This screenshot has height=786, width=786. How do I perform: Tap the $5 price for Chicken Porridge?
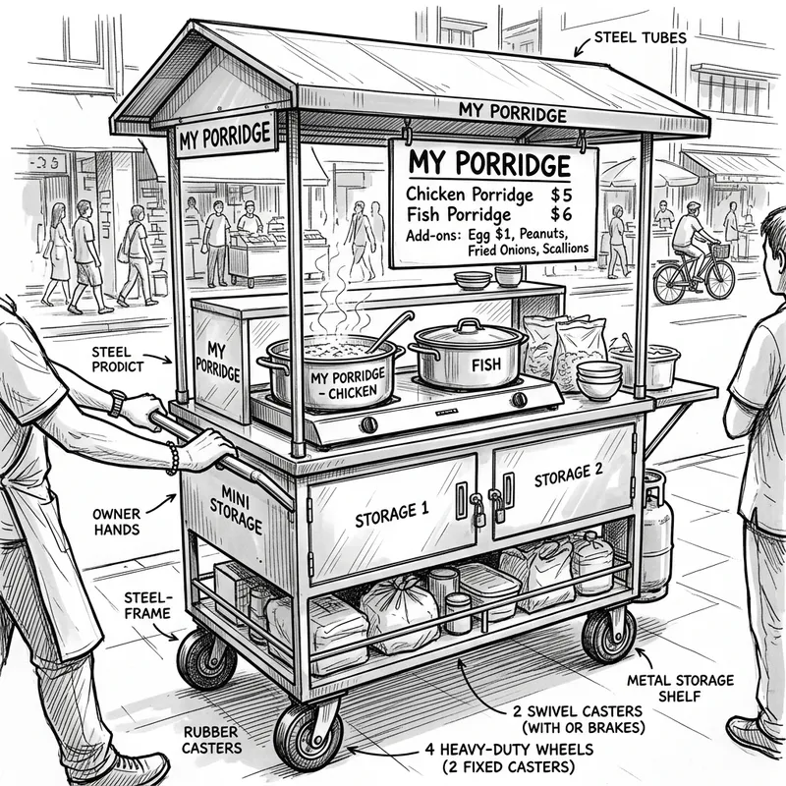click(x=560, y=194)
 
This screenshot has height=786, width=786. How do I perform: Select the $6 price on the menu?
click(x=560, y=214)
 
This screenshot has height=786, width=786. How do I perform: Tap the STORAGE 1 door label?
click(x=391, y=512)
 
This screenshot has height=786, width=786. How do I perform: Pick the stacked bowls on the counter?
click(x=598, y=378)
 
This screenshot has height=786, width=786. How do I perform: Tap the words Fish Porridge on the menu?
click(x=458, y=214)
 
